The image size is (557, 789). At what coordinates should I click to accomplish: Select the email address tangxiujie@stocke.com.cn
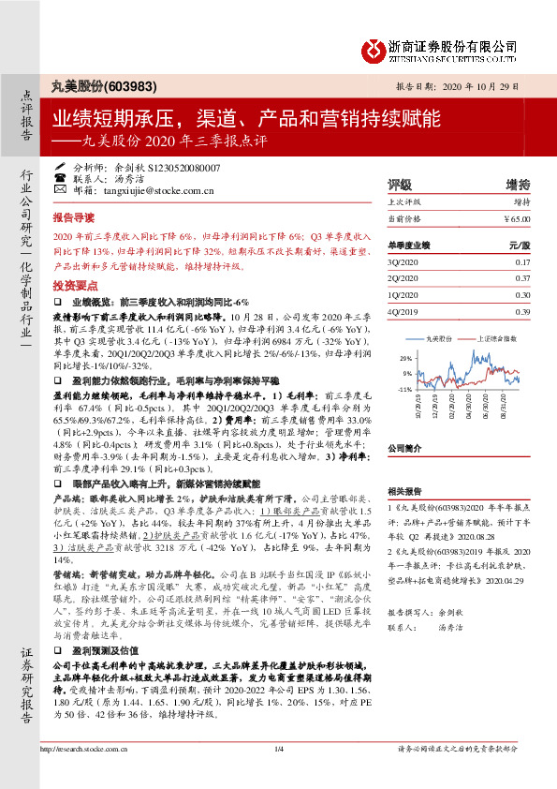159,191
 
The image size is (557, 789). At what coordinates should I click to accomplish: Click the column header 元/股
519,245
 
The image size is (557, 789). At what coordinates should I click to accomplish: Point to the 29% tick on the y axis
404,359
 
